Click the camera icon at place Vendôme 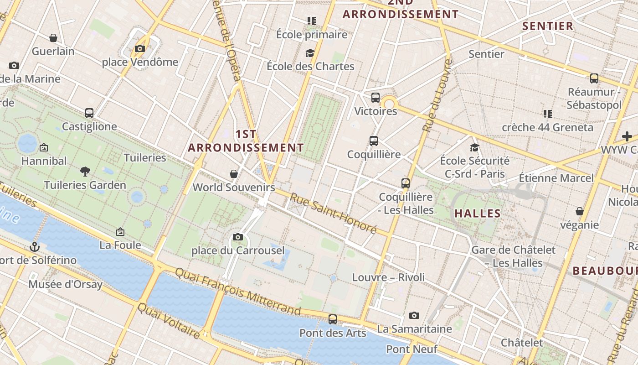pos(140,49)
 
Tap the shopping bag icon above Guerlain pos(53,38)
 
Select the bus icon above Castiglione pos(89,113)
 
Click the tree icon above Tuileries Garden pos(85,172)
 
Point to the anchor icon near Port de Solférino pos(34,247)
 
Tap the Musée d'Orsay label pos(66,285)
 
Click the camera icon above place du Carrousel pos(238,237)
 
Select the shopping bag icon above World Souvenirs pos(234,174)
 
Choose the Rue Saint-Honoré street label pos(334,213)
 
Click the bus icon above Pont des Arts pos(333,319)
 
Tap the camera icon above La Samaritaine pos(414,315)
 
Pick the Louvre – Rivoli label pos(388,277)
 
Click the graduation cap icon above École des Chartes pos(310,53)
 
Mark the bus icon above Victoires pos(376,97)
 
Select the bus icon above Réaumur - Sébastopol pos(594,78)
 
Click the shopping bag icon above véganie pos(580,211)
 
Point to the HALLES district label pos(478,213)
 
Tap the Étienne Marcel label pos(556,178)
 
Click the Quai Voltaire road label pos(169,321)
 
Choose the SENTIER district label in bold pos(548,26)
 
